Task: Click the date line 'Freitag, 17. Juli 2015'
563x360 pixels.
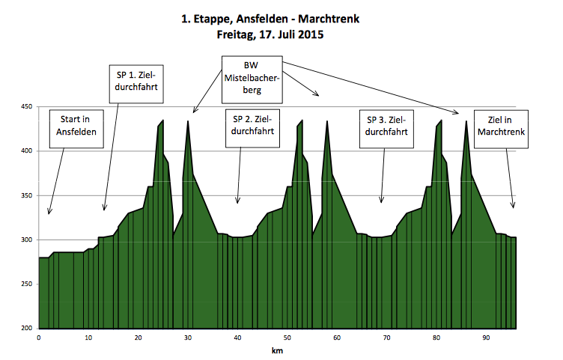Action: [x=281, y=34]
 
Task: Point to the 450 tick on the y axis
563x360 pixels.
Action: [x=28, y=107]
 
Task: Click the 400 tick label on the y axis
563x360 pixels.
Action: [x=28, y=151]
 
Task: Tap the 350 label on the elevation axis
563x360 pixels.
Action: [x=28, y=195]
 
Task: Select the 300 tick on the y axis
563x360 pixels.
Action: [x=28, y=240]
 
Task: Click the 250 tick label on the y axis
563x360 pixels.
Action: [x=28, y=284]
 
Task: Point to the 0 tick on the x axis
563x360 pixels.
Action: [x=39, y=338]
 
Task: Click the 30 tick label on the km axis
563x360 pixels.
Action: [x=188, y=338]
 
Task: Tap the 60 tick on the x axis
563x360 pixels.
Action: [x=337, y=338]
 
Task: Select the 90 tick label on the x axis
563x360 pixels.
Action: [x=486, y=338]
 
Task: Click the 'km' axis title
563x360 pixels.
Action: [x=277, y=350]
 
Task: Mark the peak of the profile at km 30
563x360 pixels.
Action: [x=188, y=121]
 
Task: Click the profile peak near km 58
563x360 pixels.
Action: [x=327, y=121]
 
